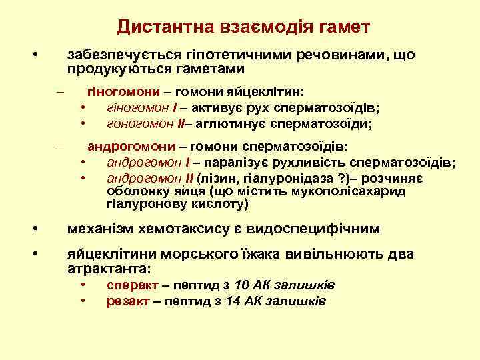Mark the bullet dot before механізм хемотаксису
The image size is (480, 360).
(35, 229)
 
